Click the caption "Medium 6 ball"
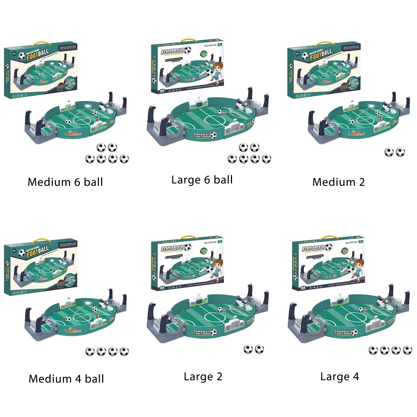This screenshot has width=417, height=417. point(65,182)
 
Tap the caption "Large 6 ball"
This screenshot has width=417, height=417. point(202,180)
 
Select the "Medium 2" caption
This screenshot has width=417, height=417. point(338,182)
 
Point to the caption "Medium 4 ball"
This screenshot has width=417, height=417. point(66,379)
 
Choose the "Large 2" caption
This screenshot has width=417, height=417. point(203,377)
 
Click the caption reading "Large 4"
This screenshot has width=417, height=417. point(340,377)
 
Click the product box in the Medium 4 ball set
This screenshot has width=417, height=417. point(41,267)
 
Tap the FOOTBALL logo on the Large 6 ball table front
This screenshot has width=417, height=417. point(205,136)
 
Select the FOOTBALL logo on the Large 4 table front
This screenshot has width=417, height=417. point(346,333)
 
